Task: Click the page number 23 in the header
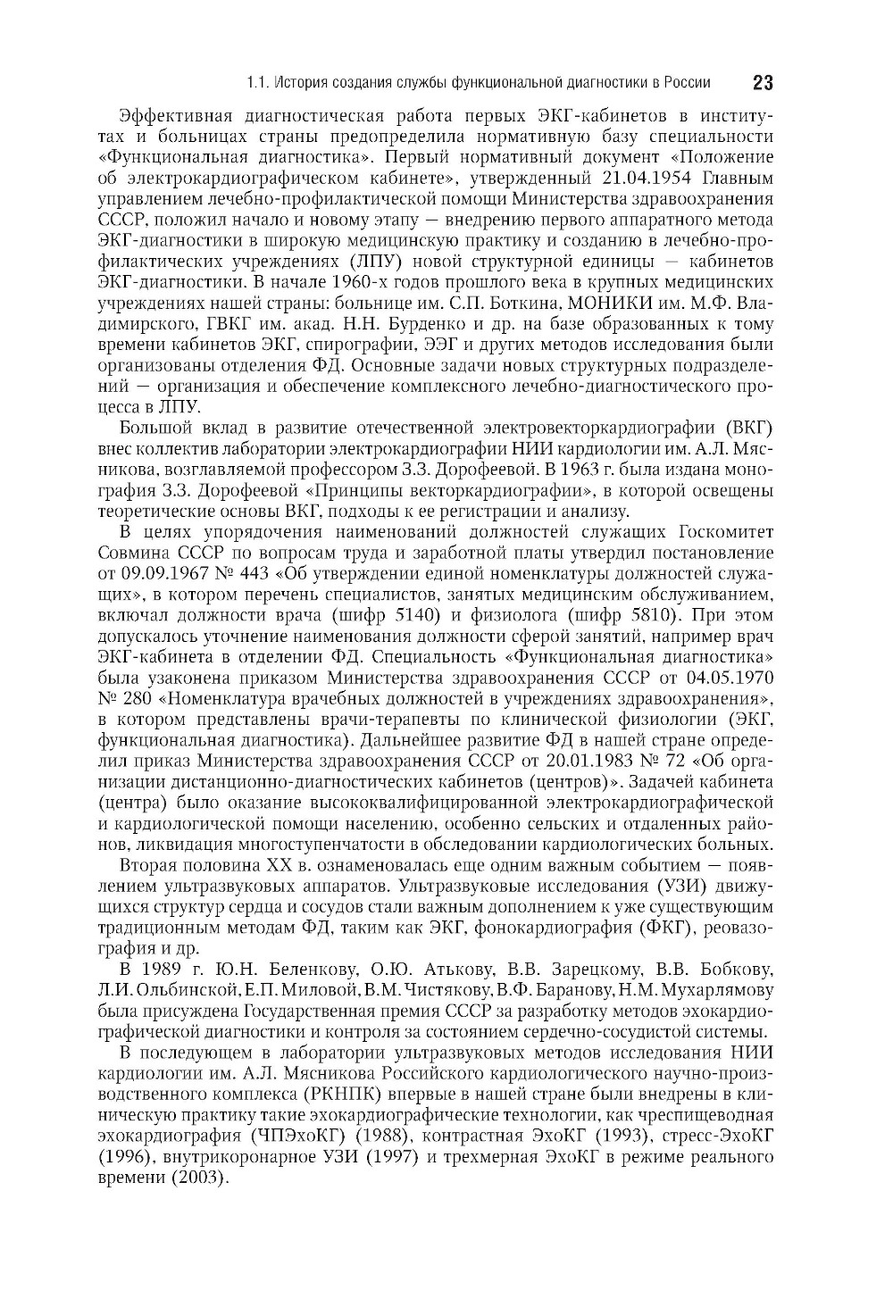pyautogui.click(x=762, y=83)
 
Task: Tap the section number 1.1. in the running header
pyautogui.click(x=258, y=84)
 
